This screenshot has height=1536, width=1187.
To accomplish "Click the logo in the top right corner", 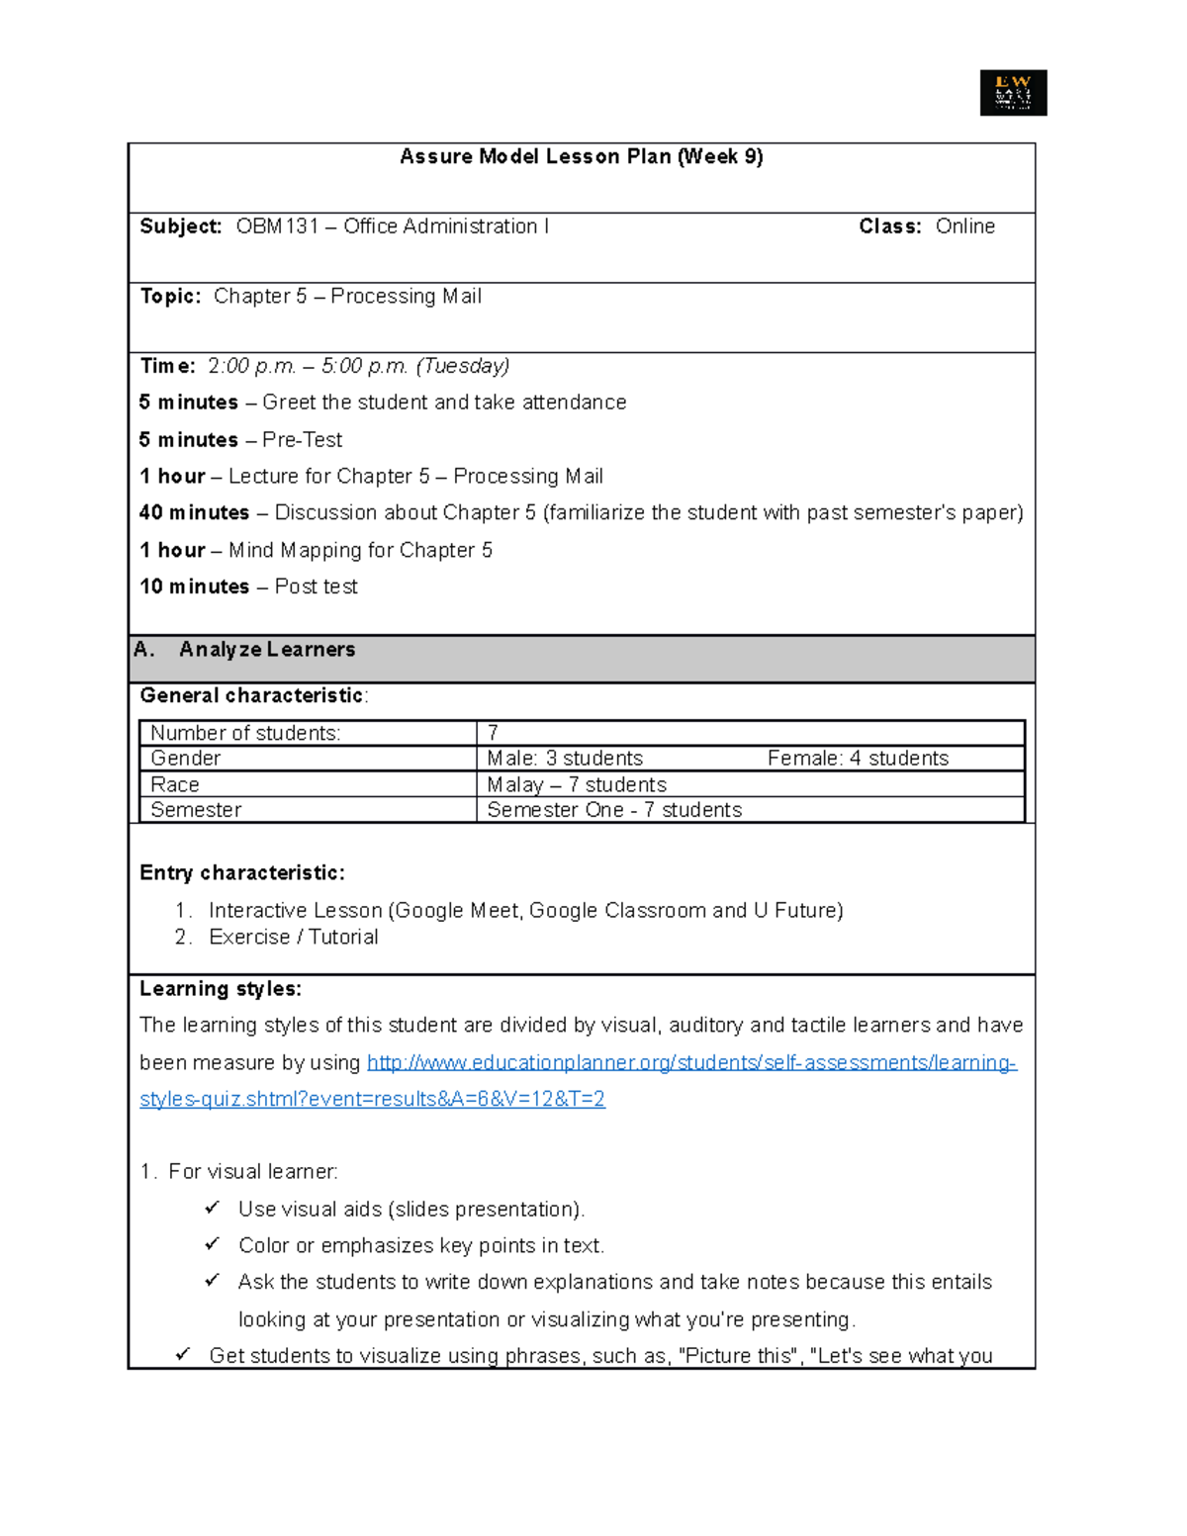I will tap(1013, 93).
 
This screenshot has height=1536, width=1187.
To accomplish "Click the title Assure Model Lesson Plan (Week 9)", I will tap(581, 156).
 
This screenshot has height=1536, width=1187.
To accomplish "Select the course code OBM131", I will tap(277, 226).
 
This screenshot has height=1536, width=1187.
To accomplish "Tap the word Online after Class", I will tap(964, 226).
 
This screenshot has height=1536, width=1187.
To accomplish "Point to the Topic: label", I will tap(170, 297).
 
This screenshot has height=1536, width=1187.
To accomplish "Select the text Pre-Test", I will tap(302, 440).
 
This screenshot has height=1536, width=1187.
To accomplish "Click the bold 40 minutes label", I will tap(194, 513).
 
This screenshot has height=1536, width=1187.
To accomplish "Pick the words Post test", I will tap(316, 587).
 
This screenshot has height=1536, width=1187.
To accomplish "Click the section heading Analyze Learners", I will tap(267, 650).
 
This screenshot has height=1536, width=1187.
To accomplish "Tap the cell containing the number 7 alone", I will tap(493, 733).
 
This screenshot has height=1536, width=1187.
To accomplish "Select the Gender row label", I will tap(185, 759).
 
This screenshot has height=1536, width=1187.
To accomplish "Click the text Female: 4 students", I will tap(858, 759).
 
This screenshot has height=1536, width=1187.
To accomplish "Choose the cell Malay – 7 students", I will tap(577, 785).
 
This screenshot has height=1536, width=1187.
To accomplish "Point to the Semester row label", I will tap(196, 810).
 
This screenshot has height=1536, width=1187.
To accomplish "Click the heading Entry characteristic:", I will tap(242, 873).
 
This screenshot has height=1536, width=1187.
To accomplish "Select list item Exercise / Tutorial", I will tap(293, 938).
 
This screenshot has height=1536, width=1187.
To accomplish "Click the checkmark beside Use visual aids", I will tap(212, 1208).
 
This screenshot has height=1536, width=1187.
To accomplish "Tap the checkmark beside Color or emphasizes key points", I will tap(212, 1244).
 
